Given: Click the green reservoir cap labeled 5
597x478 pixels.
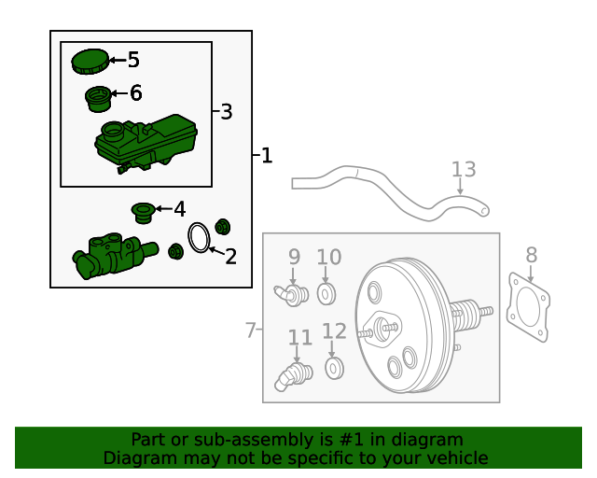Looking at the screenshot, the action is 90,62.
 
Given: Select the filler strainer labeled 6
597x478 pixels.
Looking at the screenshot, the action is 98,99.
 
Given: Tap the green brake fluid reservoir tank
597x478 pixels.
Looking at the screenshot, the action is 146,144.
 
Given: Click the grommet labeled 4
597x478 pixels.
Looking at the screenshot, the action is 143,213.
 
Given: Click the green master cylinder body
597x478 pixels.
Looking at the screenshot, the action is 114,256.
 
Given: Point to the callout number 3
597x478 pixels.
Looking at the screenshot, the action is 227,112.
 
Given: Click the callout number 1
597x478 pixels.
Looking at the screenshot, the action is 267,155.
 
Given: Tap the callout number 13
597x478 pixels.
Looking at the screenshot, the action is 464,169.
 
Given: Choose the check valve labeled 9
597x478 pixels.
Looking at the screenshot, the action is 291,295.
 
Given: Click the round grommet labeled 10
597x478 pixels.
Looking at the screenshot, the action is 326,294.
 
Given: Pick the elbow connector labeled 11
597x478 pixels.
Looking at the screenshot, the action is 293,376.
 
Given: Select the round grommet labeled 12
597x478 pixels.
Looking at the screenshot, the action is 334,368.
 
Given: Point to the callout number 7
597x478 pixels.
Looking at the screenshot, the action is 251,330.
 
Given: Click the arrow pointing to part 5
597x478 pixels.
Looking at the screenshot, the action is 118,60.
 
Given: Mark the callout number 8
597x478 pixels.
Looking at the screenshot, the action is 532,255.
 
